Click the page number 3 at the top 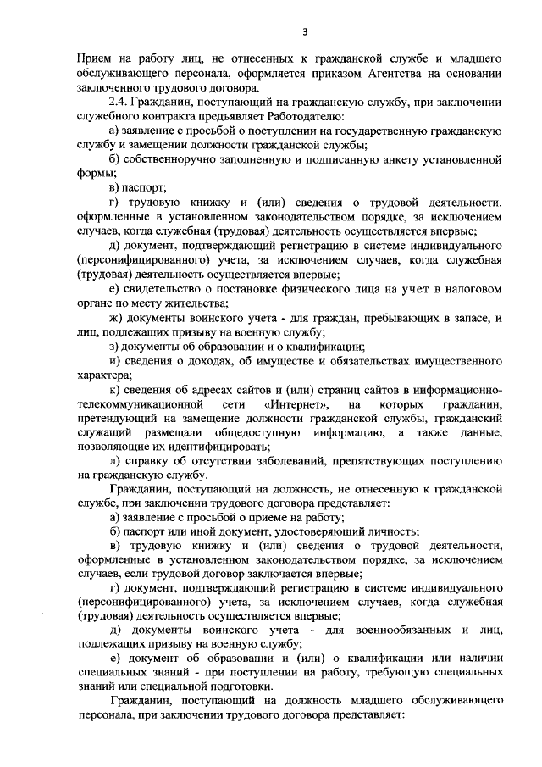click(x=305, y=32)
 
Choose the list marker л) click(x=116, y=462)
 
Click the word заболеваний click(x=302, y=462)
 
